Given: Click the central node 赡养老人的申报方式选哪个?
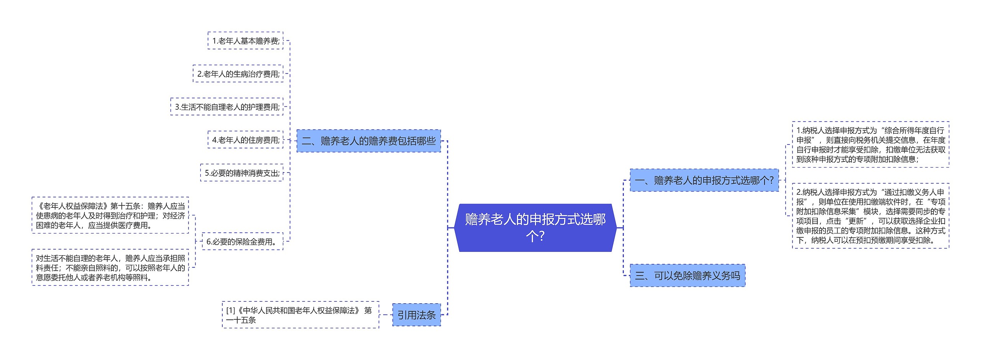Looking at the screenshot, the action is click(x=535, y=227).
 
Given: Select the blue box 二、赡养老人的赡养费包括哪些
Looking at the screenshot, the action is click(x=368, y=141).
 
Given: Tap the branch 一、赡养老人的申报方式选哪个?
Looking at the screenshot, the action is click(x=704, y=180).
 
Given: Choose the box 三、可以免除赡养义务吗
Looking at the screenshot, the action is click(x=687, y=275).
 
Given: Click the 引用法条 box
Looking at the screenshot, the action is click(x=416, y=315).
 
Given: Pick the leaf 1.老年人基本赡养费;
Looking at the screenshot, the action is click(x=245, y=41).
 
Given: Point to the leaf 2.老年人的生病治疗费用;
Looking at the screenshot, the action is click(x=238, y=74).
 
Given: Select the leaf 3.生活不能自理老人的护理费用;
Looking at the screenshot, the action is click(x=227, y=107).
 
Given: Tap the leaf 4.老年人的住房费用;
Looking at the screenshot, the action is click(x=245, y=140).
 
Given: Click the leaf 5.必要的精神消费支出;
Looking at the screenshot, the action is click(x=242, y=173).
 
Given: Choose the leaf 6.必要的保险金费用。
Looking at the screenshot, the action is click(x=242, y=242).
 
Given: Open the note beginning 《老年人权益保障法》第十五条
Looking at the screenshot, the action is click(x=110, y=215).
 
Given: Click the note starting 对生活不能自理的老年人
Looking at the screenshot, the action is click(x=110, y=268).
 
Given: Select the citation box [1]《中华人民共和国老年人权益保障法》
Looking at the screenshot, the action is click(x=300, y=315).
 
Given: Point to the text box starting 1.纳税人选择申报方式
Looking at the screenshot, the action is click(x=870, y=145).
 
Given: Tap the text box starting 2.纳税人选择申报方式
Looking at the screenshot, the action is click(x=870, y=216).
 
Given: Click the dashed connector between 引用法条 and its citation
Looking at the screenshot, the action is click(x=386, y=315).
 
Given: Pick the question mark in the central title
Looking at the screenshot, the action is click(x=541, y=236).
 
